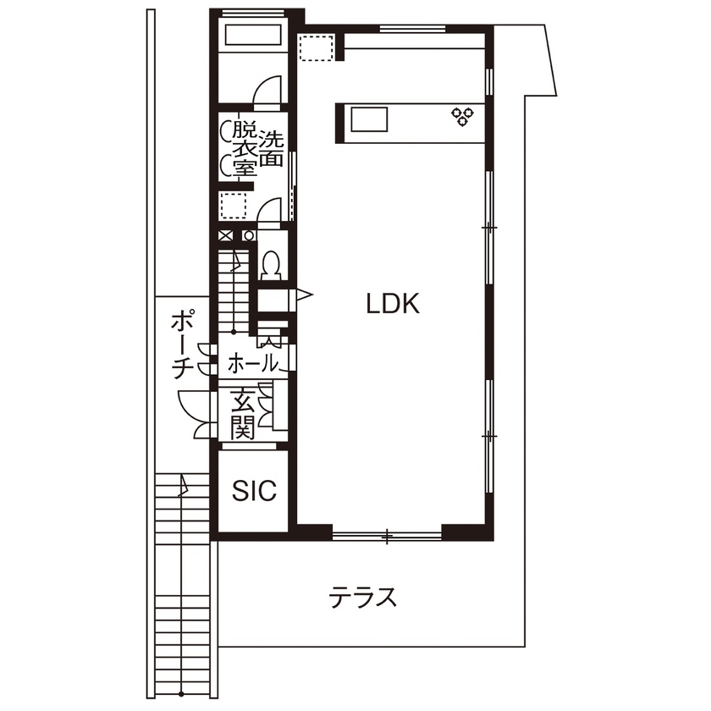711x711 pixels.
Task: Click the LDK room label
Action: [x=393, y=303]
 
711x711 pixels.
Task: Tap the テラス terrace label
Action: [x=363, y=598]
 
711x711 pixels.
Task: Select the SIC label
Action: [x=254, y=491]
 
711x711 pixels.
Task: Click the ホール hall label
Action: [x=253, y=364]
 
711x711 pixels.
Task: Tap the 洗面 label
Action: [x=271, y=147]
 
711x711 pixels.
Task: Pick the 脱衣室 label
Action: [x=244, y=149]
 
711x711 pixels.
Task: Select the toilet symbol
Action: [x=272, y=264]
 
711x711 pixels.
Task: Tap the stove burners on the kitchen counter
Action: [x=462, y=116]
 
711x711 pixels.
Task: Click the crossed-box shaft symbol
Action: [x=226, y=236]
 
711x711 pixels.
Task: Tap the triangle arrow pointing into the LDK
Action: [x=304, y=295]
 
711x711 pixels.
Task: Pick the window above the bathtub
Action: [x=251, y=12]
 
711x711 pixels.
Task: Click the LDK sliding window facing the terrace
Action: [x=387, y=535]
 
